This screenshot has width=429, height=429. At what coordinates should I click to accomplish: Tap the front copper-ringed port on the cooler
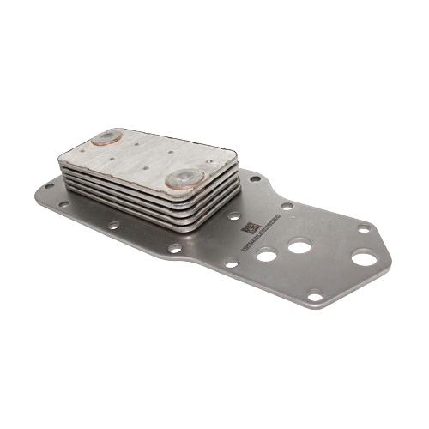pos(184,178)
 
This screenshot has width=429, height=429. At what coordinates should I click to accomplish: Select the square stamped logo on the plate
pos(250,226)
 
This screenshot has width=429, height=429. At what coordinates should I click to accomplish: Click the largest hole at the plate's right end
pos(364,257)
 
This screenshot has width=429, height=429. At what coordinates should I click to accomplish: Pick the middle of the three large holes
pos(299,247)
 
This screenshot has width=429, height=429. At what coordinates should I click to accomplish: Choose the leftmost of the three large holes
pos(267,255)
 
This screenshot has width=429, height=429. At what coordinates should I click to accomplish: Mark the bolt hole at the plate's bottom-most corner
pos(315,297)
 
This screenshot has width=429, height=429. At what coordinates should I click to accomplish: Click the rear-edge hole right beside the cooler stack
pos(255,178)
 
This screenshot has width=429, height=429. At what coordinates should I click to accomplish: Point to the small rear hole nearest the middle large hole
pos(287,206)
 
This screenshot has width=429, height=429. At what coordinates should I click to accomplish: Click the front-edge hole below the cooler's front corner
pos(175,249)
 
